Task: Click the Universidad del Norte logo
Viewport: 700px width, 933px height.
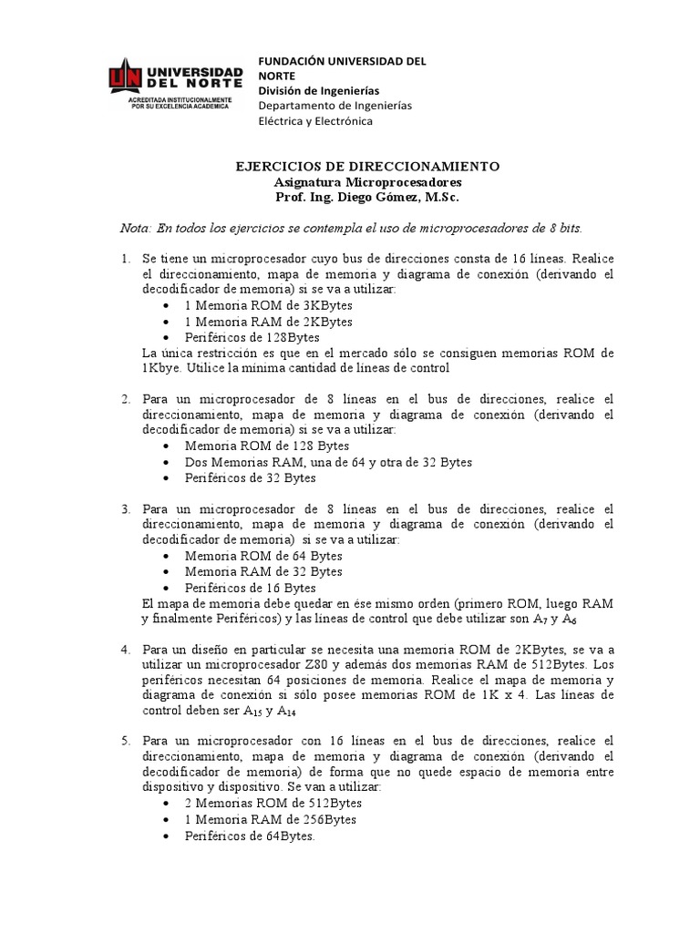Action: point(176,85)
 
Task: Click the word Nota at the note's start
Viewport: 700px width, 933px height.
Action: point(135,227)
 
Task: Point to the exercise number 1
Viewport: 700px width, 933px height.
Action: point(126,260)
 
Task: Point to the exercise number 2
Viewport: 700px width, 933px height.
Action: point(126,399)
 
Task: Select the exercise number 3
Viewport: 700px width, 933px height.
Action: point(126,508)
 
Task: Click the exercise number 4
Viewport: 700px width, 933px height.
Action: point(126,649)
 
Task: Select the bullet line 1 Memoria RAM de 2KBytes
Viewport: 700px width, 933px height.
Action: point(268,322)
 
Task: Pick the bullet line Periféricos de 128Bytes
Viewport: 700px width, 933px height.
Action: point(246,337)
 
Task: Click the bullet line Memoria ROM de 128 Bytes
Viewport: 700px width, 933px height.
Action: point(267,446)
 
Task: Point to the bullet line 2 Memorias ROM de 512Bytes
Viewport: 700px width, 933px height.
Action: point(273,804)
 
